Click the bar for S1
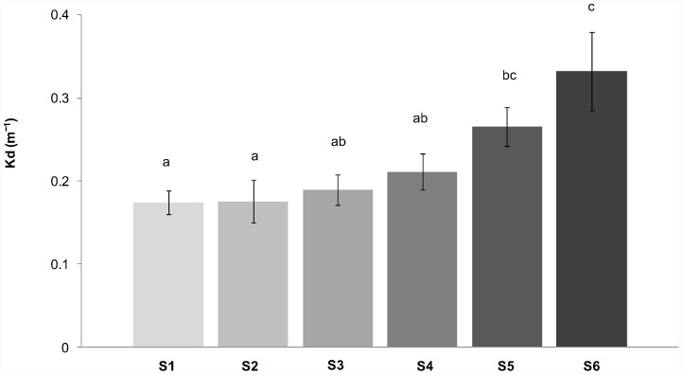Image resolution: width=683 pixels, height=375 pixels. [167, 275]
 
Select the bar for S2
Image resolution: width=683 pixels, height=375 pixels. [253, 275]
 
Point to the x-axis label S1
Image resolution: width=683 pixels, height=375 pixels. [167, 364]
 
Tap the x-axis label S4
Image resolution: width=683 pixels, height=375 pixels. [422, 364]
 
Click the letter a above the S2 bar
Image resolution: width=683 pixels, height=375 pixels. [253, 162]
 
